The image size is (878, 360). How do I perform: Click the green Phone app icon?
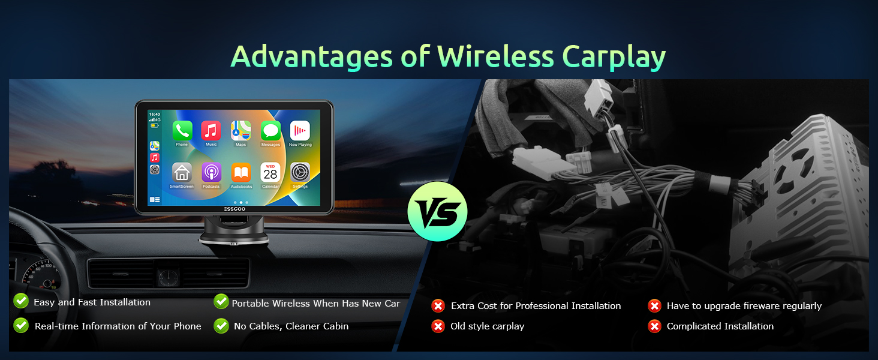tap(182, 131)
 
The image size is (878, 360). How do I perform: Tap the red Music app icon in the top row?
tap(211, 131)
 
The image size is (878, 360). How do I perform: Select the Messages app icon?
tap(270, 131)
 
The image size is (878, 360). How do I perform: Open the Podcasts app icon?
tap(211, 172)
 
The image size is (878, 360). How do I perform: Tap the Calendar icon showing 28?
tap(270, 172)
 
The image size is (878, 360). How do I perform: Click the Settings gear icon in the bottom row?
tap(300, 172)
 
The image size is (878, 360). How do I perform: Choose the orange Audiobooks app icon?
tap(241, 172)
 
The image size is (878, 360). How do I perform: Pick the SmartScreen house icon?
tap(182, 172)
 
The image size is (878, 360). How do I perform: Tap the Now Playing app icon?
tap(300, 131)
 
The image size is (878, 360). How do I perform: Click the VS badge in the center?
tap(437, 211)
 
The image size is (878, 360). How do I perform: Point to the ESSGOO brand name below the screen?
tap(234, 209)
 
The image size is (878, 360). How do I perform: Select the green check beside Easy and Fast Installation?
tap(21, 301)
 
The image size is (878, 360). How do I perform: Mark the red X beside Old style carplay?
tap(438, 326)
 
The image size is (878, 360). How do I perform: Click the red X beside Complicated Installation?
tap(654, 326)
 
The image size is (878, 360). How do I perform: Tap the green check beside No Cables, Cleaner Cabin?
tap(221, 325)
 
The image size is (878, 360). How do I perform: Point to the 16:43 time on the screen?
tap(155, 115)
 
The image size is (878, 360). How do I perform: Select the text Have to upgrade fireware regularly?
tap(744, 306)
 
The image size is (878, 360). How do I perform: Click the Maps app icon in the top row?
tap(240, 131)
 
